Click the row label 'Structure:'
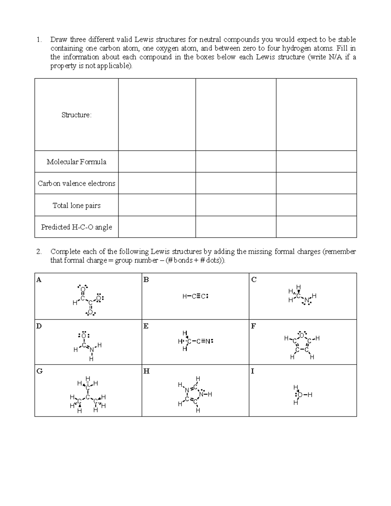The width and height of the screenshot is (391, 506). pos(77,115)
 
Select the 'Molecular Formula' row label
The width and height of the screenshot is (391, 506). pos(77,162)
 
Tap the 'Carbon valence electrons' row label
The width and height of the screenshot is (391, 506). pos(77,183)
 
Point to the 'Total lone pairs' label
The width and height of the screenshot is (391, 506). pos(77,205)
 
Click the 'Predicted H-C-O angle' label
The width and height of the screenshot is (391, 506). pos(77,227)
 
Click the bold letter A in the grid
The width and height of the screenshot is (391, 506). pos(39,280)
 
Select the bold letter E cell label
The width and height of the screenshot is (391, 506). pos(146,326)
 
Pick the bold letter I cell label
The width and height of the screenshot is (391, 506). pos(253,371)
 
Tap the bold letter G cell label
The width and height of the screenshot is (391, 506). pos(39,371)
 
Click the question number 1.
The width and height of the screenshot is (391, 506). pos(39,40)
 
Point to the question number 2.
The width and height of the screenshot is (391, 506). pos(39,252)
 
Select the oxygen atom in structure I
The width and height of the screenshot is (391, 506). pos(300,395)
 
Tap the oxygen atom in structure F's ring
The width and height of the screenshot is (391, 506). pos(302,335)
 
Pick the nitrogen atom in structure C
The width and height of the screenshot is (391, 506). pos(306,300)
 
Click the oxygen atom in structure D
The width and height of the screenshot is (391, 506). pos(84,336)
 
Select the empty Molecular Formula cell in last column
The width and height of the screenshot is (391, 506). pos(316,162)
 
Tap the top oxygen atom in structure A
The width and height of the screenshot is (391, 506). pos(83,289)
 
